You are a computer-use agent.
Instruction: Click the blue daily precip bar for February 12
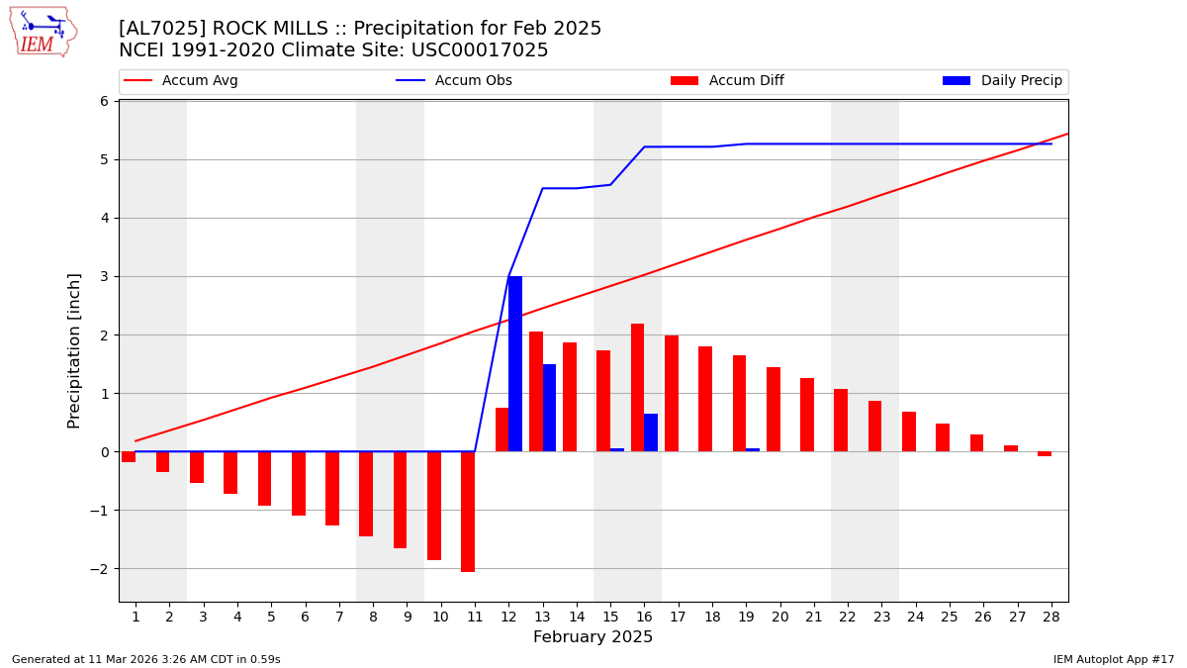(515, 364)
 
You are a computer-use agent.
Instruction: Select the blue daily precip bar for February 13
(549, 408)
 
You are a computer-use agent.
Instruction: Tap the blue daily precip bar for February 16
(651, 432)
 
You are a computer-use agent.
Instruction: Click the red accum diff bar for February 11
(468, 512)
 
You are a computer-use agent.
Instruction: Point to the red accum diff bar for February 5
(264, 479)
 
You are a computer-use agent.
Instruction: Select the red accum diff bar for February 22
(841, 421)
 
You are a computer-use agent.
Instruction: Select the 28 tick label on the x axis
(1051, 617)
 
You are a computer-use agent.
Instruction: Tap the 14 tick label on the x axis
(577, 617)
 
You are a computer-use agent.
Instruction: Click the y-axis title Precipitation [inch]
(75, 350)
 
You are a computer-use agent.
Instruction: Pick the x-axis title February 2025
(593, 637)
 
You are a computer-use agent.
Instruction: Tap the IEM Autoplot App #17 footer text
(1113, 659)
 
